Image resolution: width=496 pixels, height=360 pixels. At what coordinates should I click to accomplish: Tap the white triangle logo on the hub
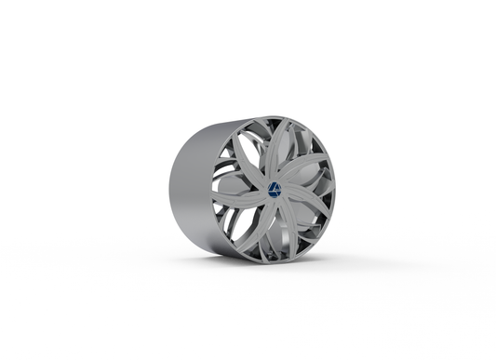tap(275, 189)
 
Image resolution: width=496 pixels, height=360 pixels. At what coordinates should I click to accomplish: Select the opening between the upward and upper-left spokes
tap(261, 140)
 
